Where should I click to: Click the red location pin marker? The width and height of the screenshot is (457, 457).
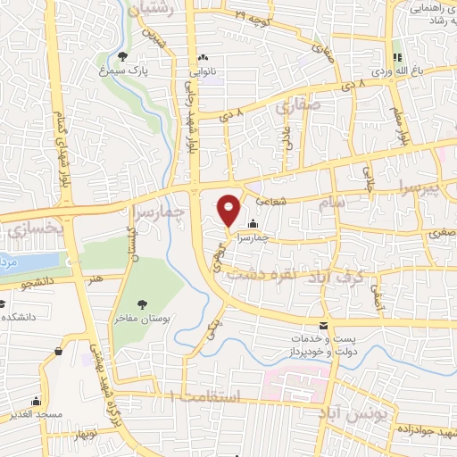click(229, 210)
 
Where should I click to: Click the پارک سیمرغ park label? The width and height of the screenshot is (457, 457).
click(122, 69)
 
